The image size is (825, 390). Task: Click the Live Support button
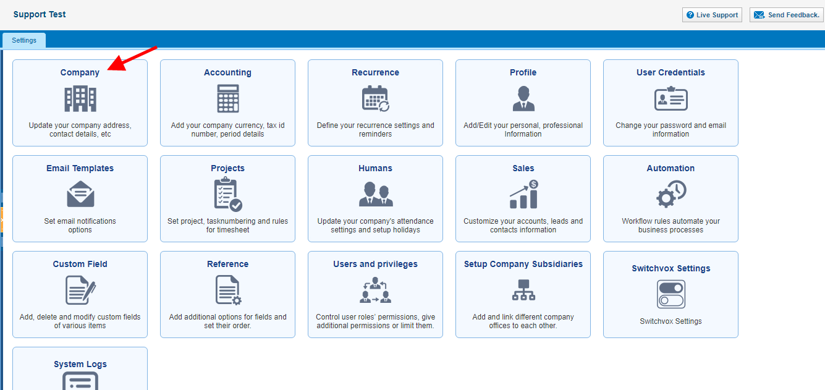(712, 15)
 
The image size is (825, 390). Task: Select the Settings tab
(24, 40)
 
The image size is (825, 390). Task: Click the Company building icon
(80, 98)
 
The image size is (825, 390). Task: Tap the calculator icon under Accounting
(227, 98)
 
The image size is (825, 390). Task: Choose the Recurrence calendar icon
(375, 98)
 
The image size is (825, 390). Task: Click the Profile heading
(523, 72)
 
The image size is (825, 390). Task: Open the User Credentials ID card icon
(671, 98)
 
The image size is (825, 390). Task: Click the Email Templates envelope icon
(80, 193)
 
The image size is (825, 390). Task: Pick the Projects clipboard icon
(228, 194)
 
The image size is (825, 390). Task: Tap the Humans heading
(375, 168)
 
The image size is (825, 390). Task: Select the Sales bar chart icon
(523, 194)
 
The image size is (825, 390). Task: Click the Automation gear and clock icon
(671, 193)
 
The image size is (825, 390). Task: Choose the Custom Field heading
(80, 264)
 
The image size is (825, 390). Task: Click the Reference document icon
(228, 290)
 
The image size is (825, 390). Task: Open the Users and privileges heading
(375, 264)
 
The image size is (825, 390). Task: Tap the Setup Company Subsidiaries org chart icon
(523, 290)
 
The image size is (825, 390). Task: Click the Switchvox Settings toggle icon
(671, 294)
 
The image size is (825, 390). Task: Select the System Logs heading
(80, 364)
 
